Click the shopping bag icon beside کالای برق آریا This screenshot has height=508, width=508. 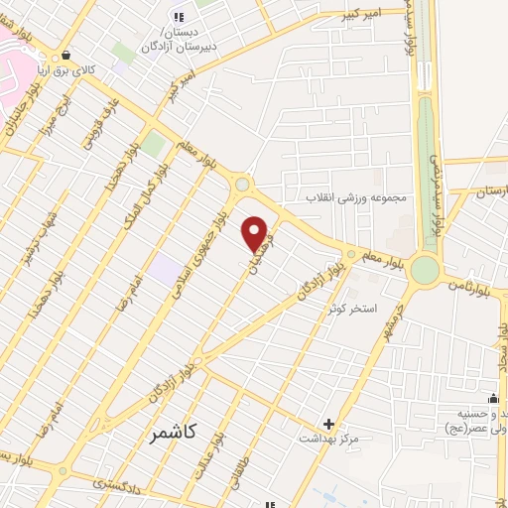(66, 56)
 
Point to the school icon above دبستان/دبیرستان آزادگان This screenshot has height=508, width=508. (179, 16)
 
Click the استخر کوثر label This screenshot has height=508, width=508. (353, 309)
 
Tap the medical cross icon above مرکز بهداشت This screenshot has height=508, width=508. (328, 423)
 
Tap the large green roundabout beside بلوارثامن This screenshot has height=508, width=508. (426, 269)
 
